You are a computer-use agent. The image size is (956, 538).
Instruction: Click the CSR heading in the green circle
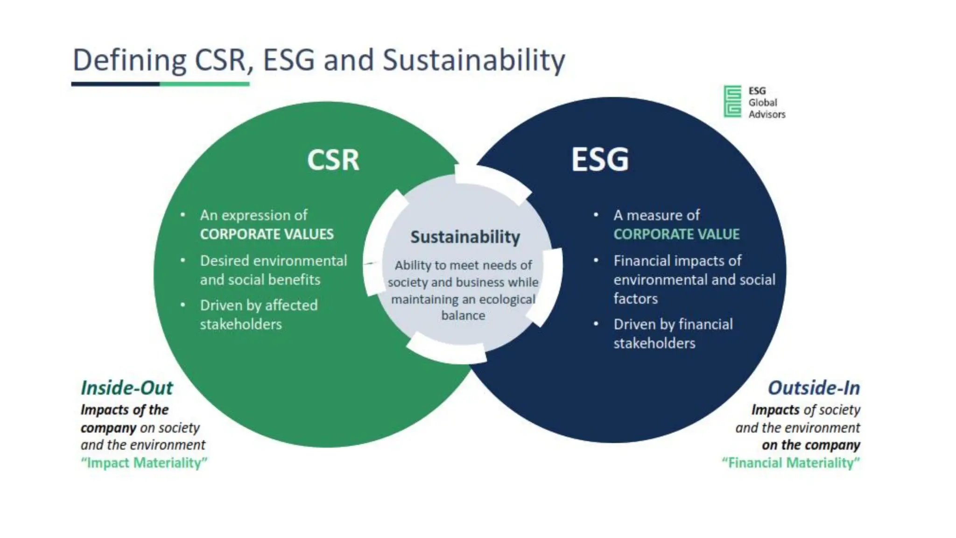tap(333, 160)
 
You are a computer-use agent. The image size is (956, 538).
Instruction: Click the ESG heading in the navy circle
tap(600, 160)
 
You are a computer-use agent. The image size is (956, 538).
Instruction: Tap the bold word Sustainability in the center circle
tap(465, 237)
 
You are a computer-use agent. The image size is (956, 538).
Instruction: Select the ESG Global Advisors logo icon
tap(732, 101)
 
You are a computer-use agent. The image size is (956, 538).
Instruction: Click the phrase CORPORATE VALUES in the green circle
tap(267, 234)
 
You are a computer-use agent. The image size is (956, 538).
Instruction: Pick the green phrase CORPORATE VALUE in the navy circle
tap(676, 234)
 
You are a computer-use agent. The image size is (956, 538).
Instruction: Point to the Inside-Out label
tap(127, 388)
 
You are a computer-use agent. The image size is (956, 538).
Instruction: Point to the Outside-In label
tap(814, 388)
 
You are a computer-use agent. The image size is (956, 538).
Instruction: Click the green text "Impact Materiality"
tap(144, 463)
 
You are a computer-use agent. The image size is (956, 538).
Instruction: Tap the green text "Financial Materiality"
tap(791, 463)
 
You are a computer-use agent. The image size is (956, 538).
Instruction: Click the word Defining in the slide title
tap(129, 61)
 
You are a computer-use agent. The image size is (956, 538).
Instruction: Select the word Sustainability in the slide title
tap(474, 61)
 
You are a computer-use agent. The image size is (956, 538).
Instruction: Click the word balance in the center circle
tap(463, 316)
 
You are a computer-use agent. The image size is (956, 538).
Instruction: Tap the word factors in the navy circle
tap(635, 299)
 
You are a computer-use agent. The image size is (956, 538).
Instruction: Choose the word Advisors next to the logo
tap(767, 114)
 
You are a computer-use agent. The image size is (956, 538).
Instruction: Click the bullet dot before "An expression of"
tap(183, 215)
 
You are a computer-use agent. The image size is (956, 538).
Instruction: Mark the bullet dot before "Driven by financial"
tap(596, 324)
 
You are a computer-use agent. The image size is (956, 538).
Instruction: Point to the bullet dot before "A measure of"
tap(596, 215)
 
